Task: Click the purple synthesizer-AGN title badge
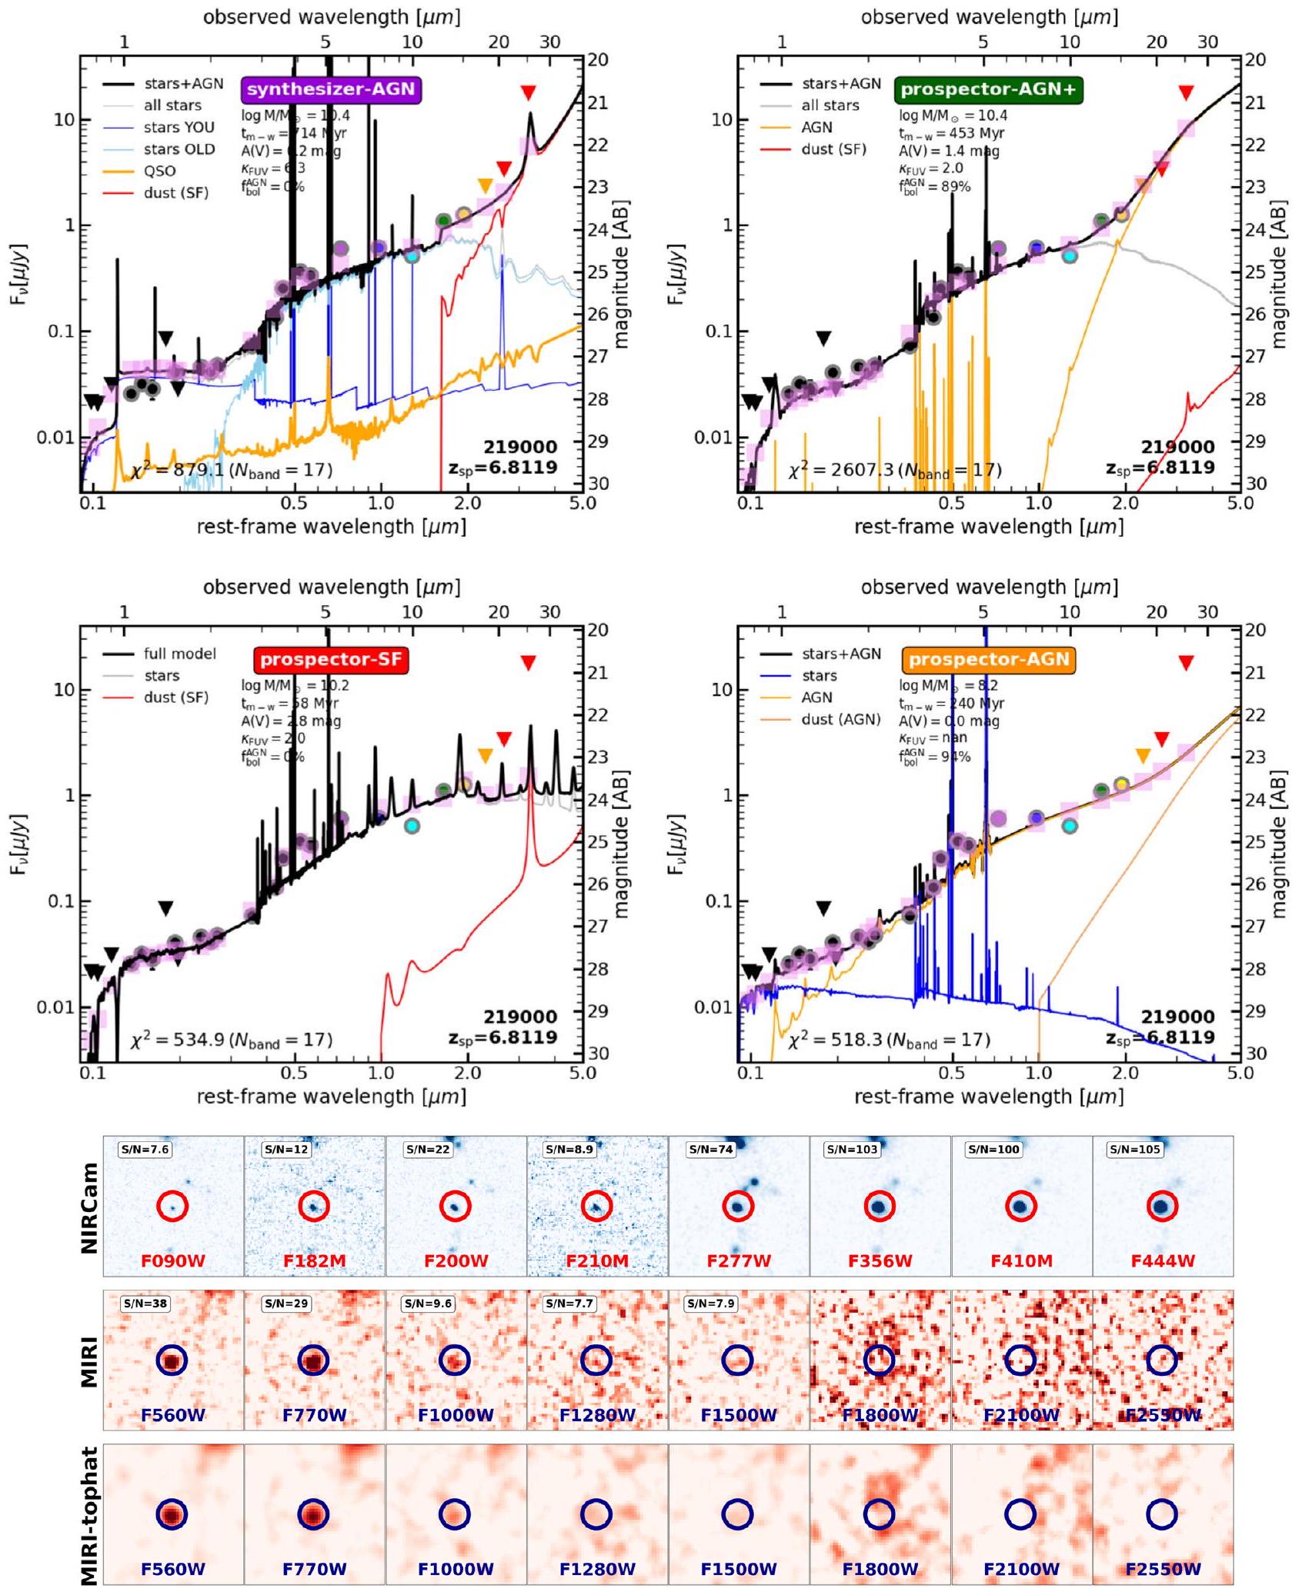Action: (x=332, y=89)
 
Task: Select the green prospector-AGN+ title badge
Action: (x=989, y=89)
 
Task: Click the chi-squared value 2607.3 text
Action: (x=894, y=470)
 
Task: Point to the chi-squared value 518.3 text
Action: (x=889, y=1040)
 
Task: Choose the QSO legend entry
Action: (x=159, y=171)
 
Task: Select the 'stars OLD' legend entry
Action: (x=179, y=149)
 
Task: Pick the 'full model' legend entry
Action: (x=179, y=654)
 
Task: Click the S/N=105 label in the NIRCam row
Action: (x=1135, y=1150)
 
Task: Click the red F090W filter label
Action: (x=172, y=1261)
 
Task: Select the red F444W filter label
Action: (x=1163, y=1261)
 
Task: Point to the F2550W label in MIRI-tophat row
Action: (x=1163, y=1569)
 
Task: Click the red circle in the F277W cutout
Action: (x=738, y=1207)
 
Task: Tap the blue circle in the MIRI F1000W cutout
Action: (x=455, y=1360)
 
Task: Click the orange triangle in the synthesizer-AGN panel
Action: (x=485, y=185)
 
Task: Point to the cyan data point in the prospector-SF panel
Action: (x=413, y=825)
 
